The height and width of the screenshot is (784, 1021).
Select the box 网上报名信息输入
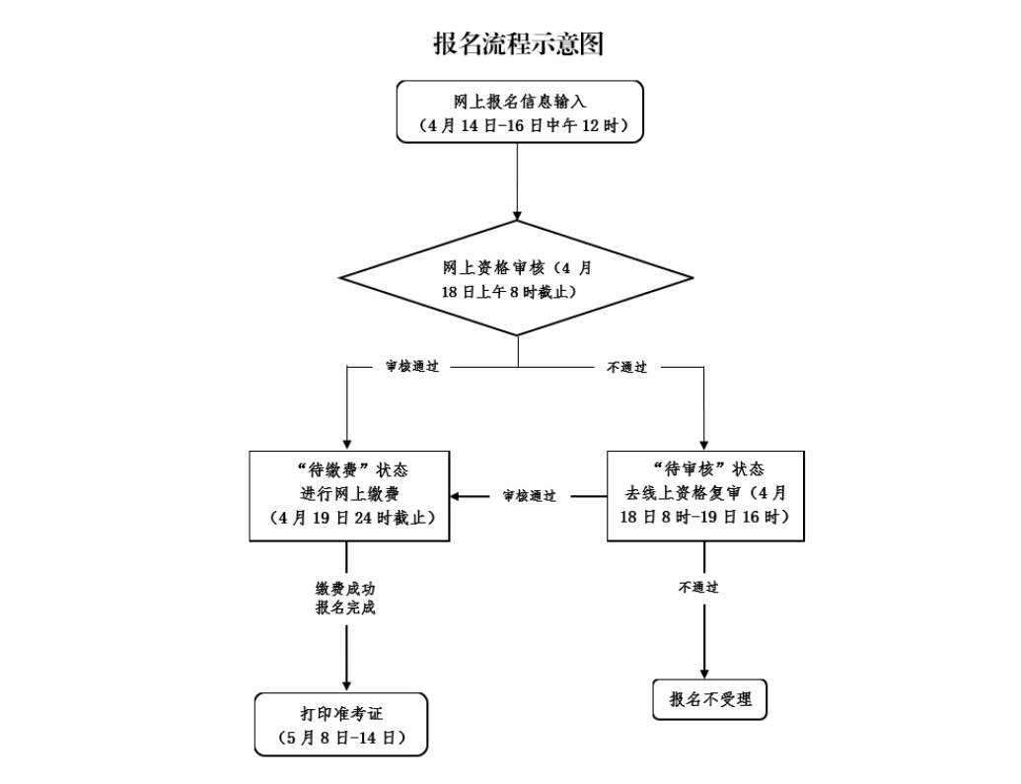(x=519, y=111)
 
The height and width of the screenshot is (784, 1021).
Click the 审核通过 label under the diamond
(x=411, y=367)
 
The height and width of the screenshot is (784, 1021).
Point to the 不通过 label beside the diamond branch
(x=626, y=367)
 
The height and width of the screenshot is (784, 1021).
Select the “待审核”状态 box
(x=704, y=494)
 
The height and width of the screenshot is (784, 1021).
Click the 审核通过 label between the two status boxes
(x=529, y=496)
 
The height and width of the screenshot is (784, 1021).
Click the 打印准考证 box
(x=341, y=724)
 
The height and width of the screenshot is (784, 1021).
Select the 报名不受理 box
(x=710, y=699)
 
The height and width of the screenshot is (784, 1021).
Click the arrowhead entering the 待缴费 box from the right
(x=458, y=495)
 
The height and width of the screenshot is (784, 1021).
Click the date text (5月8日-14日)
(x=341, y=739)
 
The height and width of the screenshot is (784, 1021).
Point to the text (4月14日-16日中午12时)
(x=519, y=126)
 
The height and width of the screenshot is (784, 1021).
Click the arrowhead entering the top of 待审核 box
(x=704, y=445)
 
